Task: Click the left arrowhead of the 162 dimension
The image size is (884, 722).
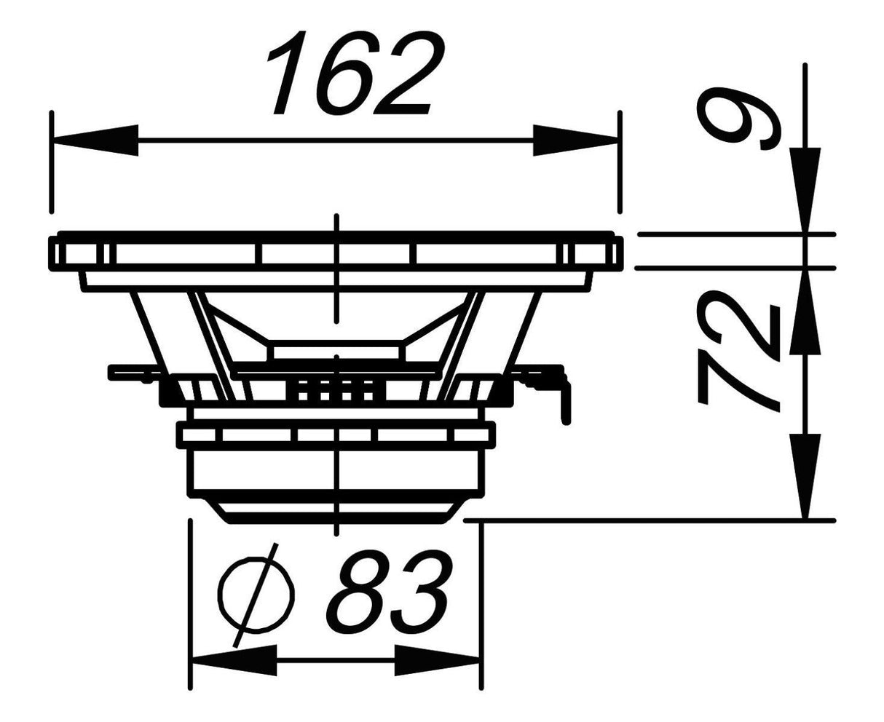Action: pos(95,140)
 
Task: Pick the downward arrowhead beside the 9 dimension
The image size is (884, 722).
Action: pos(805,189)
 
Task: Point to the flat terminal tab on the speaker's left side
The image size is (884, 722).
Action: pos(131,373)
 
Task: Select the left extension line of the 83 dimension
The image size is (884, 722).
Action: pos(190,604)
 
